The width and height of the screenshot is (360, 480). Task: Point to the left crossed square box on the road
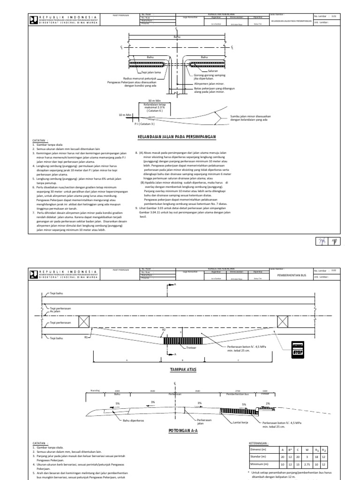tap(84, 321)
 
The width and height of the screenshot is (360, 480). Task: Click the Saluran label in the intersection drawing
tap(208, 70)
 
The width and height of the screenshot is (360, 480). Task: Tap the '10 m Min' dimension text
tap(124, 114)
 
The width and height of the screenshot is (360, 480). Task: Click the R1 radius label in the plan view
tap(86, 337)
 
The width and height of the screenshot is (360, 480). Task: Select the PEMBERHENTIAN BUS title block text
tap(290, 275)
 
